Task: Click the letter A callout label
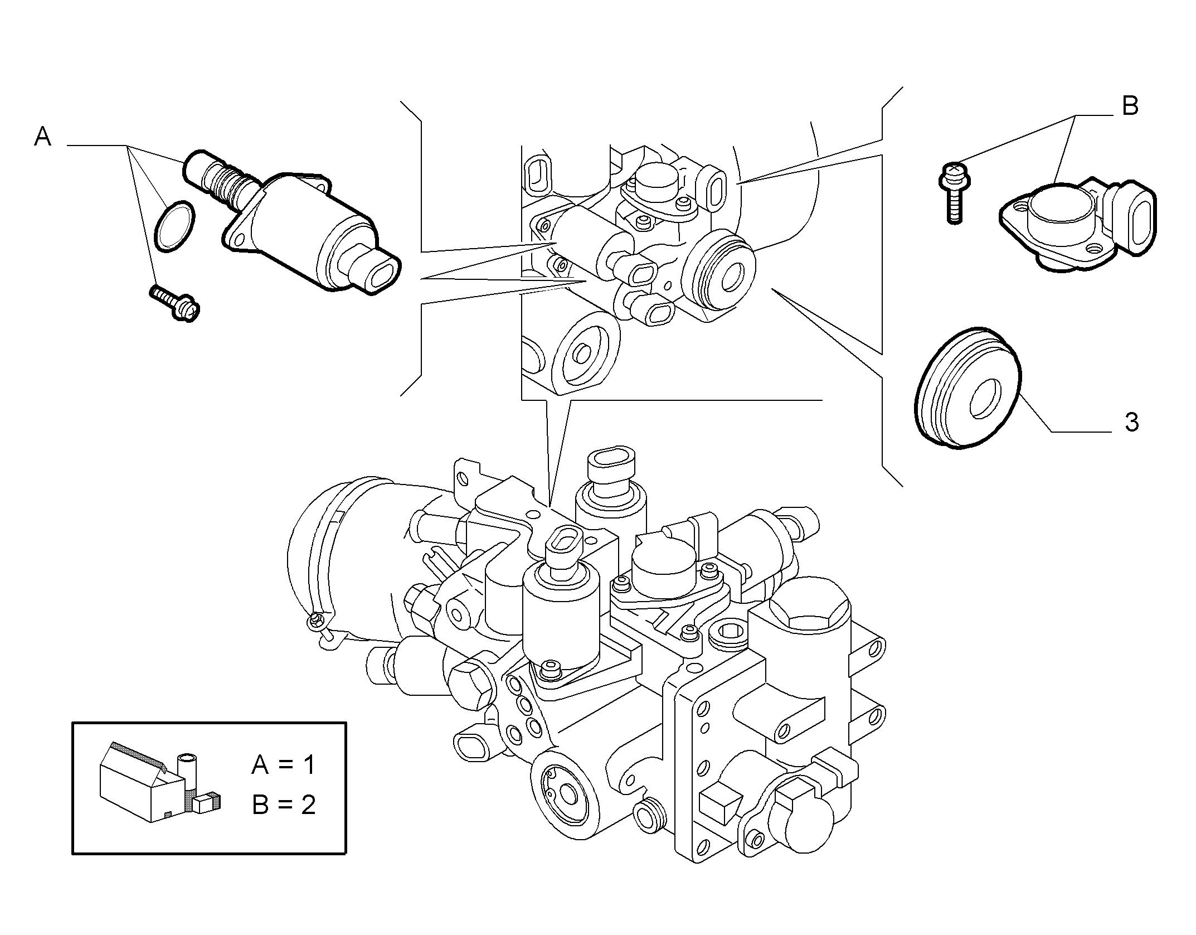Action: click(43, 136)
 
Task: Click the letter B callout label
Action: click(1130, 106)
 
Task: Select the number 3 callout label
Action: click(1131, 423)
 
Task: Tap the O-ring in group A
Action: click(174, 226)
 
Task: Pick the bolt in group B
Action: click(954, 191)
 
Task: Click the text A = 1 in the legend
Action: click(283, 764)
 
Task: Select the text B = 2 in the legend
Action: click(284, 805)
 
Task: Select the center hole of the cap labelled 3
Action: click(986, 399)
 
